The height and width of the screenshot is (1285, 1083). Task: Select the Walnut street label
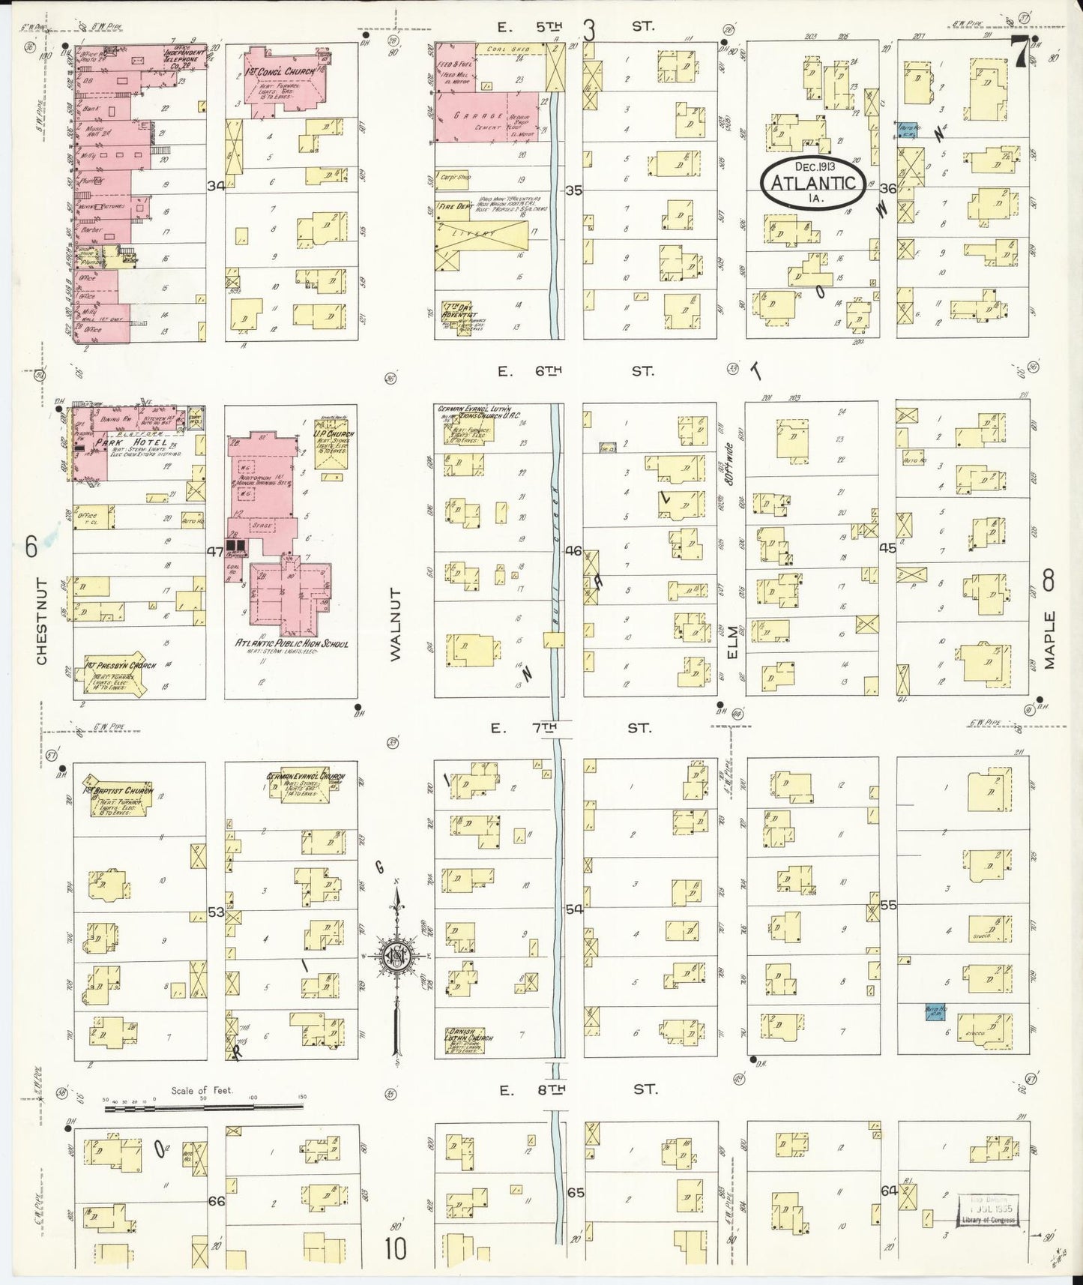395,624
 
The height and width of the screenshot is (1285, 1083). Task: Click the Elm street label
733,643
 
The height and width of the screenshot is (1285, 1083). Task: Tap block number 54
574,909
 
